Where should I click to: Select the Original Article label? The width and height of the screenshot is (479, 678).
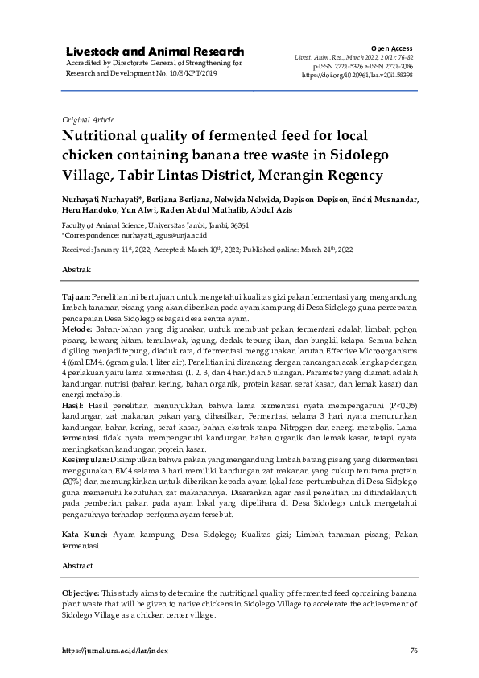88,119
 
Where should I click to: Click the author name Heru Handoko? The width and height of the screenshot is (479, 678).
85,209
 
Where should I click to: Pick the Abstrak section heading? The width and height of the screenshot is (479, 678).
76,268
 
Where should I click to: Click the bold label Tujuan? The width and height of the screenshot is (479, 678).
76,298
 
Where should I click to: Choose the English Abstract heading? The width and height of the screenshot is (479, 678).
78,567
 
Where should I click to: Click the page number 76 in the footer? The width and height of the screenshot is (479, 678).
413,651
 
